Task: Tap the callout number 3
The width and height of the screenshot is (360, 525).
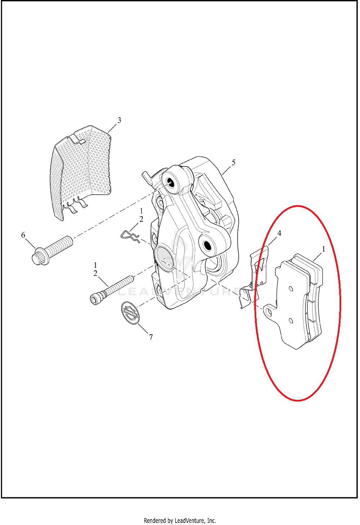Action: click(x=120, y=120)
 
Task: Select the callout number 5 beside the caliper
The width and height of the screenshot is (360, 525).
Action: click(x=234, y=162)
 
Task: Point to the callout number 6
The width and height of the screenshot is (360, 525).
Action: click(x=23, y=235)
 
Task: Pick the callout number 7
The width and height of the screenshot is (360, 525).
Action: click(x=151, y=337)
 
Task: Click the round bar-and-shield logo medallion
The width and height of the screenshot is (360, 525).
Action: click(x=130, y=313)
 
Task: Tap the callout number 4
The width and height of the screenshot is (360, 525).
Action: click(x=279, y=233)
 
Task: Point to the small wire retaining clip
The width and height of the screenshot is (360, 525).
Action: click(x=130, y=237)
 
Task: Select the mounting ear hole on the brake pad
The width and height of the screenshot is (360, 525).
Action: click(x=270, y=312)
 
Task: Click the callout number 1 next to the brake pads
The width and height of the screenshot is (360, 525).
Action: click(x=324, y=249)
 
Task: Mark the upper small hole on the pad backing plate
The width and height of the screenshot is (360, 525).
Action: click(x=291, y=289)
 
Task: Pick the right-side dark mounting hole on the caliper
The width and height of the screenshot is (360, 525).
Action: click(x=207, y=245)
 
